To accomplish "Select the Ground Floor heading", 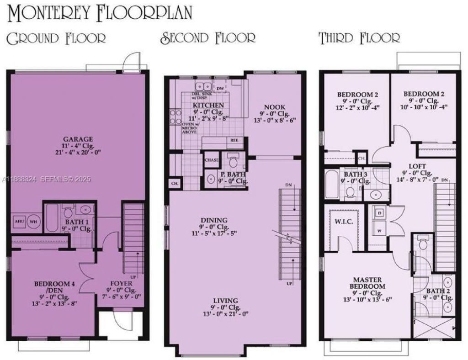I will click(x=56, y=38).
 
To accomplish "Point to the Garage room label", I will click(x=78, y=139).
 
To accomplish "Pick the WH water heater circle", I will click(x=33, y=222).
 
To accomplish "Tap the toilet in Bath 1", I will click(x=68, y=212).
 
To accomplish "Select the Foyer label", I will click(x=121, y=283).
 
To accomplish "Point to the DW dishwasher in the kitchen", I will click(x=220, y=88).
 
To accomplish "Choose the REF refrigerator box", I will click(x=234, y=140).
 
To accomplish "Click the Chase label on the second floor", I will click(x=212, y=160).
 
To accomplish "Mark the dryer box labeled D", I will click(x=378, y=213).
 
